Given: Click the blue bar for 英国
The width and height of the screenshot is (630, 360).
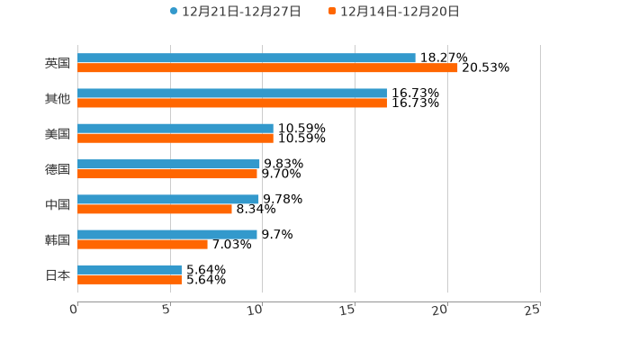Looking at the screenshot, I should pyautogui.click(x=247, y=58).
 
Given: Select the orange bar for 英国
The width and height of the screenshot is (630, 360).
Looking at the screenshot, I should pyautogui.click(x=267, y=68).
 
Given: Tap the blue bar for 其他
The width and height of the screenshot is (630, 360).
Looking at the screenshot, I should pyautogui.click(x=232, y=94).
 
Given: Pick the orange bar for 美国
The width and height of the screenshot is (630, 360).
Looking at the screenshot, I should pyautogui.click(x=175, y=139).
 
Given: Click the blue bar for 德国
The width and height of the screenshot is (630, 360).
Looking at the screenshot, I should pyautogui.click(x=168, y=164).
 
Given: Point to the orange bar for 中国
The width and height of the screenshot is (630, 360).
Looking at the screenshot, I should pyautogui.click(x=155, y=209).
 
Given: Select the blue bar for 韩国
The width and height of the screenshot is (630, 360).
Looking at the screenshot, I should pyautogui.click(x=167, y=234).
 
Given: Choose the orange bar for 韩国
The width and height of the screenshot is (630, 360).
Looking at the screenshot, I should pyautogui.click(x=142, y=244).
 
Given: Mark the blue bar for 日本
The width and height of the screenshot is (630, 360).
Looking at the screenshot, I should pyautogui.click(x=130, y=269).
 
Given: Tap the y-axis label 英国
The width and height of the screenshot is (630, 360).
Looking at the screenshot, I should pyautogui.click(x=58, y=64).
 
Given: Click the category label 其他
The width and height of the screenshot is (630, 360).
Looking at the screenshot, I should pyautogui.click(x=58, y=99).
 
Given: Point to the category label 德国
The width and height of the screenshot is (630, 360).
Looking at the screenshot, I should pyautogui.click(x=58, y=169).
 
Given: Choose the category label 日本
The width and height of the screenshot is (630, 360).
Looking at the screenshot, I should pyautogui.click(x=58, y=275).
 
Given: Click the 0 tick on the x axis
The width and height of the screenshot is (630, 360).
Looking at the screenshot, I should pyautogui.click(x=74, y=310).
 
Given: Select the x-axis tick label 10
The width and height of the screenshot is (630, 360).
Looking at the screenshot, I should pyautogui.click(x=256, y=310).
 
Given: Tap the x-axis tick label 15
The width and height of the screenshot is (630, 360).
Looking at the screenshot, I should pyautogui.click(x=349, y=310).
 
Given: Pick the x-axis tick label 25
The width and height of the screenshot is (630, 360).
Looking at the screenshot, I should pyautogui.click(x=533, y=310).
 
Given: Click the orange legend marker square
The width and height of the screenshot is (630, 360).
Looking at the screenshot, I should pyautogui.click(x=332, y=12).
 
